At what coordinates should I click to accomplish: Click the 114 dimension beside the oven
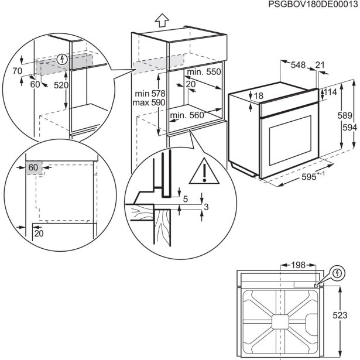click(x=332, y=92)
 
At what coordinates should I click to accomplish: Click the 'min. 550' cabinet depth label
click(x=205, y=72)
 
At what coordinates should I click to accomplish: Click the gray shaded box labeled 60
click(x=34, y=168)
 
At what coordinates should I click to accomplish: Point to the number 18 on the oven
click(x=260, y=97)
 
